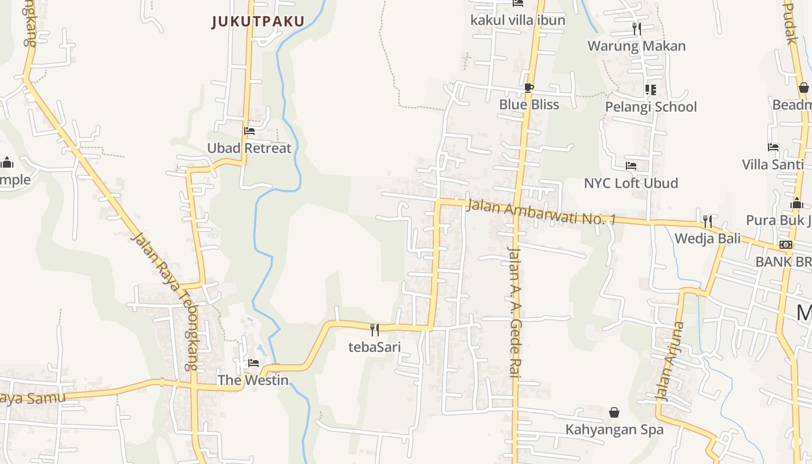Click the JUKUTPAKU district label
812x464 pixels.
[x=258, y=21]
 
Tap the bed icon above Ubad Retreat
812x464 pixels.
[x=249, y=131]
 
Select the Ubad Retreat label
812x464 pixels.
[x=249, y=148]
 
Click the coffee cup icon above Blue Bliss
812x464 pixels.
[x=528, y=88]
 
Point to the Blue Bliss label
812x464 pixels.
[x=529, y=104]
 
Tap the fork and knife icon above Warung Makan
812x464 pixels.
[x=637, y=29]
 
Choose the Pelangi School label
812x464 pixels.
[x=651, y=107]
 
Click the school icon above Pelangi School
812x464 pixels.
[x=650, y=89]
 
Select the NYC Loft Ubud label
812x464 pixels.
[x=630, y=183]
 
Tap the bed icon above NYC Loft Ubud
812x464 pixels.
[x=631, y=166]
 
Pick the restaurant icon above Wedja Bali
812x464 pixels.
[x=707, y=221]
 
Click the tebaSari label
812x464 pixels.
[x=375, y=347]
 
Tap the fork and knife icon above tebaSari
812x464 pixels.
[x=375, y=330]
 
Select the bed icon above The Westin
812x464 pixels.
[x=253, y=363]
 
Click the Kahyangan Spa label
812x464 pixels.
[x=614, y=430]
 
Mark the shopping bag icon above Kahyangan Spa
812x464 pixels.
[x=614, y=412]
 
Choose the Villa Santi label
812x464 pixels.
[x=773, y=164]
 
